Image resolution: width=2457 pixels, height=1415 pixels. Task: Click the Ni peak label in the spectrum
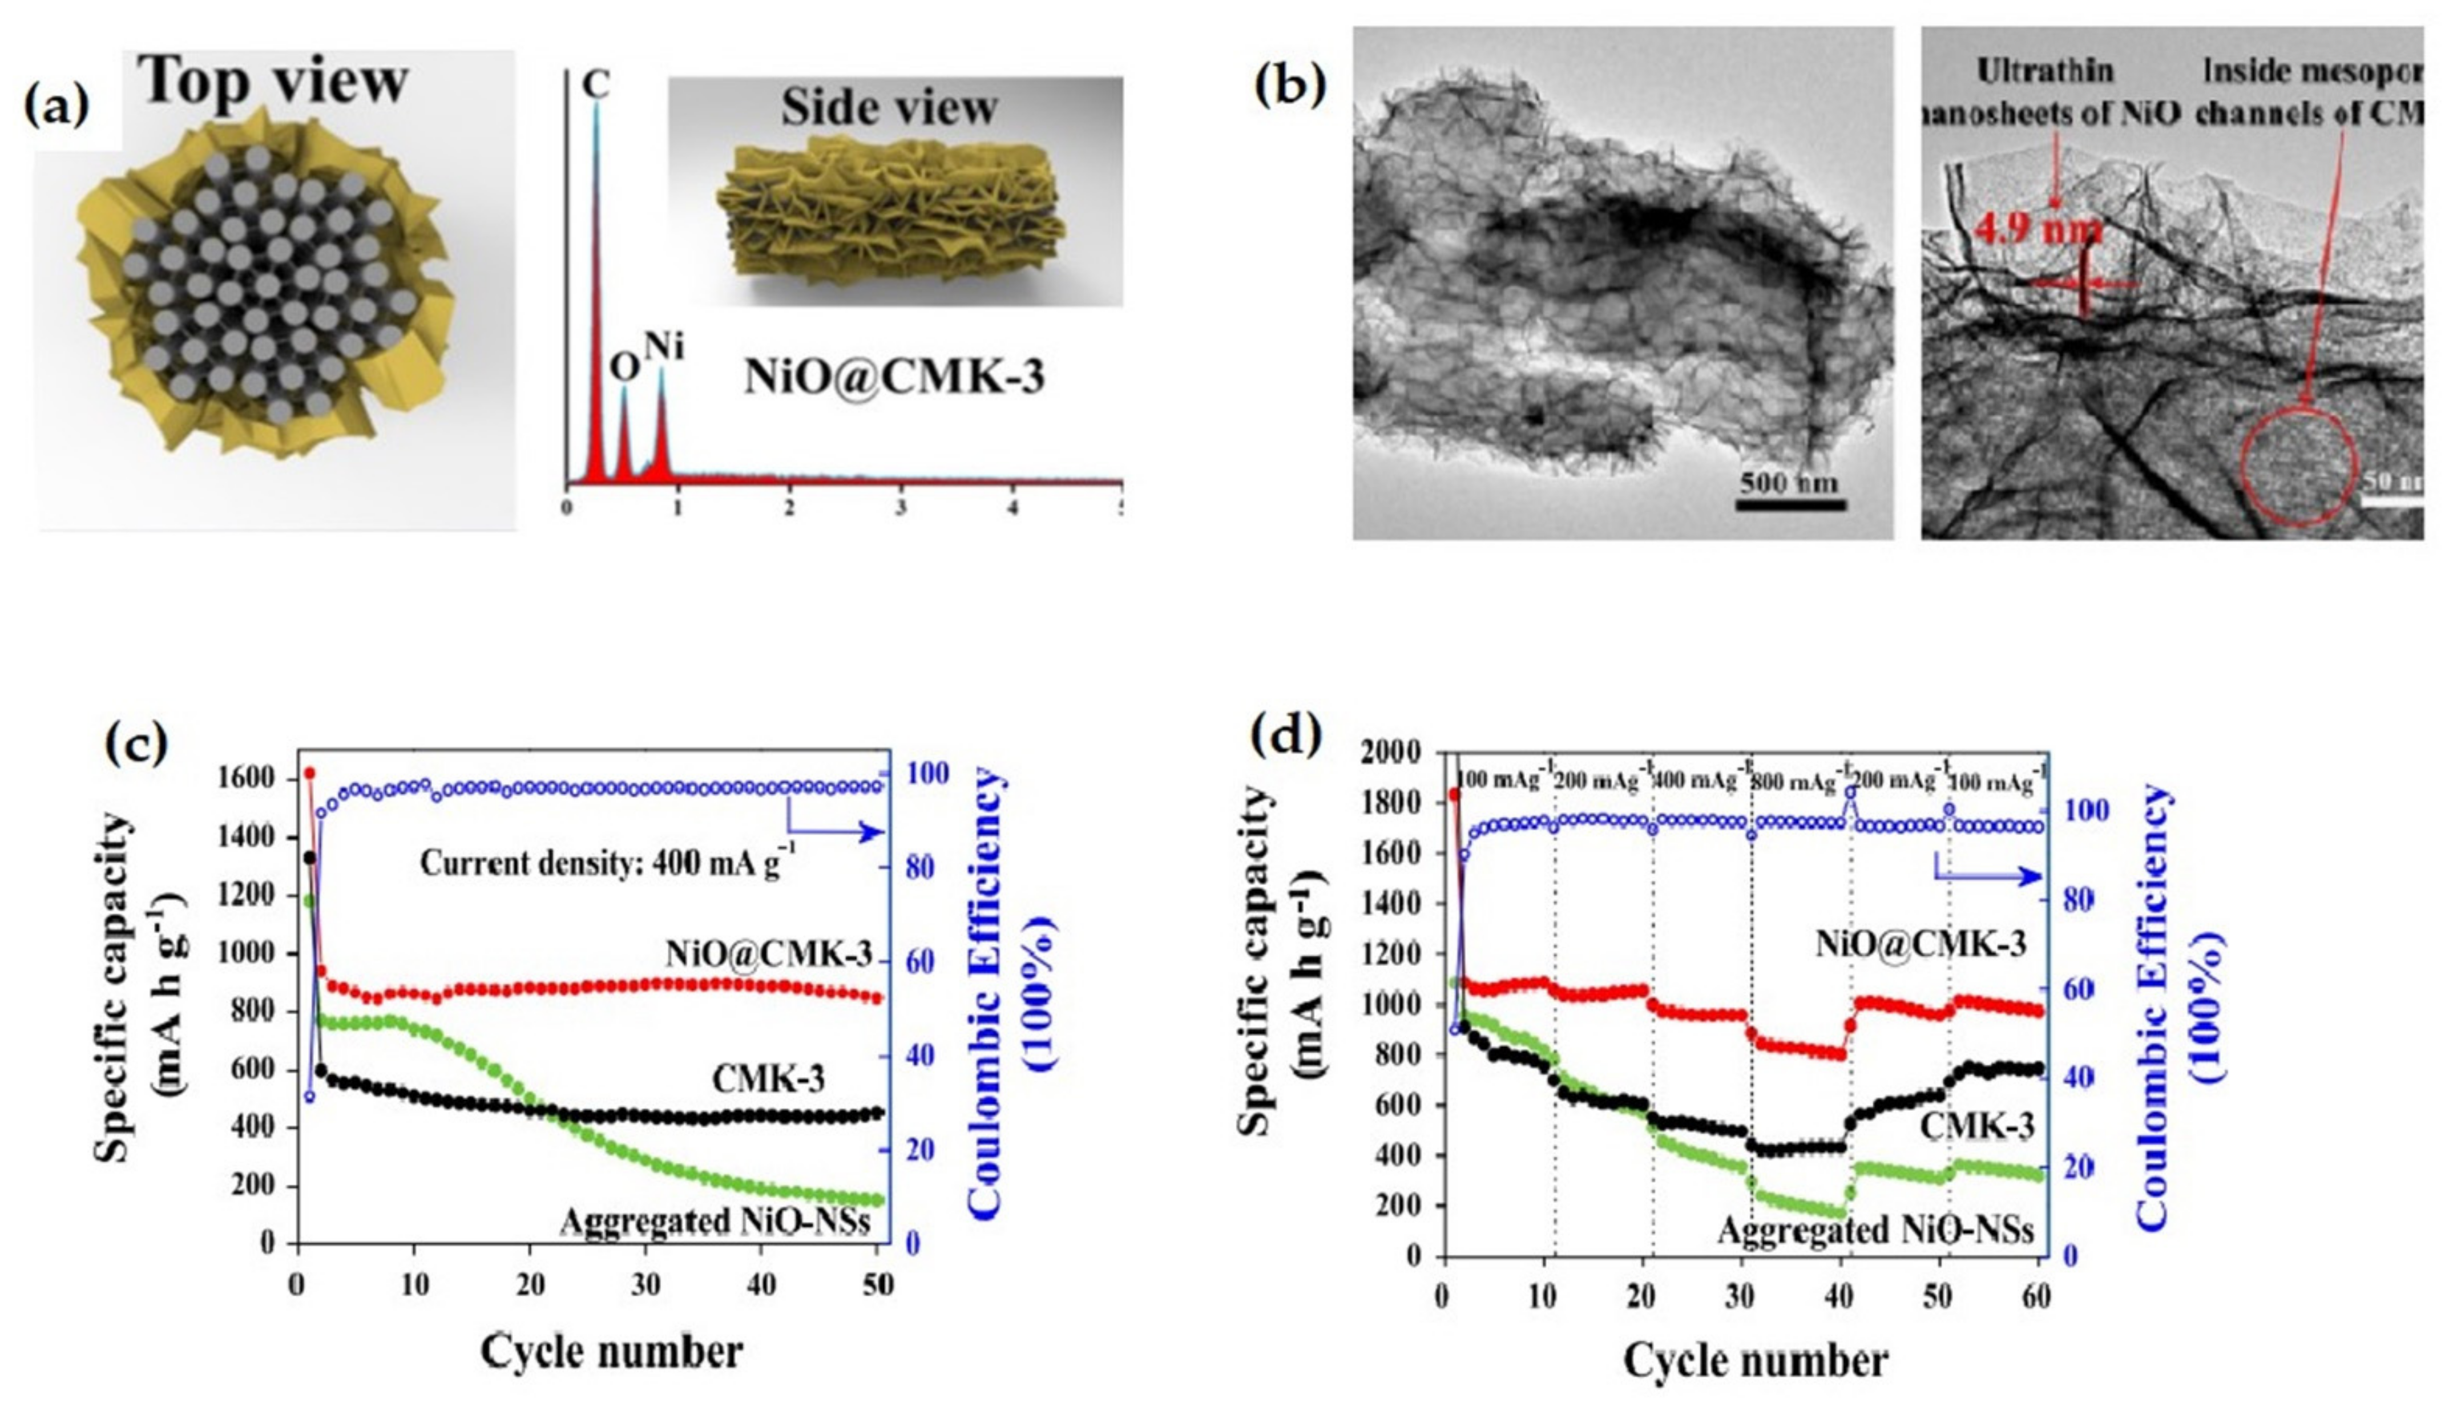click(664, 346)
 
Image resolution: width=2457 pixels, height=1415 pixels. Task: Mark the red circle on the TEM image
click(2298, 467)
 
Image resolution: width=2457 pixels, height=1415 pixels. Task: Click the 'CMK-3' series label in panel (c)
click(768, 1079)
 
